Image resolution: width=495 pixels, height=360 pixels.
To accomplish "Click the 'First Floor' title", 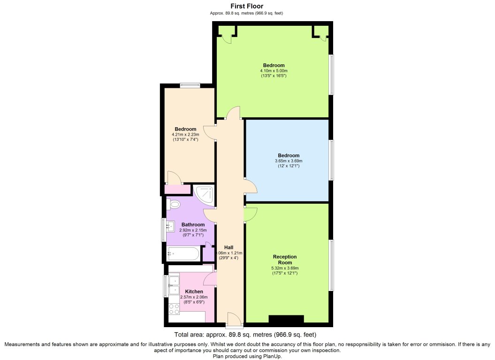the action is click(246, 6).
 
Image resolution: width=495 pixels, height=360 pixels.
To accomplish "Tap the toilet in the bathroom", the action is click(173, 204).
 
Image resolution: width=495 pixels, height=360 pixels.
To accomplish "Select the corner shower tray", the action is click(204, 195).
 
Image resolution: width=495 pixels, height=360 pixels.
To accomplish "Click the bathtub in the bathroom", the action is click(183, 254).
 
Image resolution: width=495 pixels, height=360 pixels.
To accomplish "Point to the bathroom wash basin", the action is click(170, 226).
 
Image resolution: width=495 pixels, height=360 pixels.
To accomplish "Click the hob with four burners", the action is click(174, 309).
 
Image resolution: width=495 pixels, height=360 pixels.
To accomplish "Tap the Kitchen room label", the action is click(194, 291).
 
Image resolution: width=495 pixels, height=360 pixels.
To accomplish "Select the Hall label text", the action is click(229, 247).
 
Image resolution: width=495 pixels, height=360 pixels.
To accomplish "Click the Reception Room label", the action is click(285, 260).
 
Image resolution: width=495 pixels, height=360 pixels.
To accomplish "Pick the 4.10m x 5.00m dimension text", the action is click(274, 71).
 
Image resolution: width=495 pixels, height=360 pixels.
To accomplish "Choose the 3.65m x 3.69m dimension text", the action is click(289, 161).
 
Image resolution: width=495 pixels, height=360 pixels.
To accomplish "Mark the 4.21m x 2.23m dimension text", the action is click(185, 134).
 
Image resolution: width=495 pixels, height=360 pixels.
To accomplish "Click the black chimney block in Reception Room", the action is click(286, 319).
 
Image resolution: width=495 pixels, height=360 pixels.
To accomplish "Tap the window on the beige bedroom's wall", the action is click(190, 84).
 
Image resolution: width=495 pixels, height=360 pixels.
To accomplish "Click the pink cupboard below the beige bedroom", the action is click(178, 190).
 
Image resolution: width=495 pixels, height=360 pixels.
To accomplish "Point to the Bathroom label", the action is click(193, 224).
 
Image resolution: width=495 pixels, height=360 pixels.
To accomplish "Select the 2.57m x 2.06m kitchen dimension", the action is click(194, 297).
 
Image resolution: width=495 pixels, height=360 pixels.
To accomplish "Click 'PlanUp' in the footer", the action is click(273, 357).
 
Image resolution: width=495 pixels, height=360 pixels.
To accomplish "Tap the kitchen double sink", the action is click(174, 285).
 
